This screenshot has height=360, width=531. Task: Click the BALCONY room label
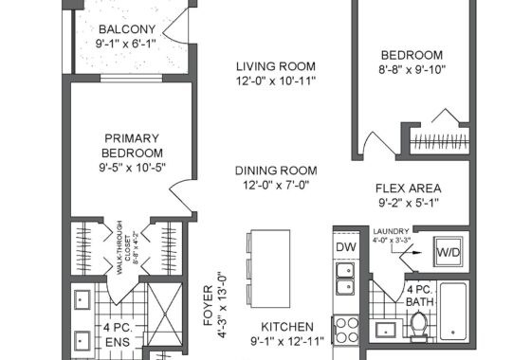[127, 29]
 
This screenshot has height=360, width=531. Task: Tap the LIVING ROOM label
[276, 66]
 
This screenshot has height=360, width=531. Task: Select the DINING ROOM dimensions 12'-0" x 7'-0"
[276, 186]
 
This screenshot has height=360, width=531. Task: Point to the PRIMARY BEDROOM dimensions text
[132, 168]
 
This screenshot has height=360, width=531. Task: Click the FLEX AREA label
[409, 189]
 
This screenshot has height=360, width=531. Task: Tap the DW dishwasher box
[346, 247]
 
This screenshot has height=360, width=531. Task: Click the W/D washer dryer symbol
[449, 252]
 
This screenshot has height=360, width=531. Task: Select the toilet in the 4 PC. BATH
[419, 327]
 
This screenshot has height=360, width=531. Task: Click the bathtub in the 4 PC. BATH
[453, 312]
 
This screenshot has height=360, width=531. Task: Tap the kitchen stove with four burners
[346, 330]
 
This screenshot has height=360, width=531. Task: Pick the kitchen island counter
[270, 269]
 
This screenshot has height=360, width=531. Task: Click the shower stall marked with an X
[165, 314]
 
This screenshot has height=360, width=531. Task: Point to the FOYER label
[208, 305]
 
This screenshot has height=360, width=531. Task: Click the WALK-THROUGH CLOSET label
[119, 247]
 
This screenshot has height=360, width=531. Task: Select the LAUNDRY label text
[391, 231]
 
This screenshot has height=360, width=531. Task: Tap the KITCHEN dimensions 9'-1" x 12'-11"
[287, 341]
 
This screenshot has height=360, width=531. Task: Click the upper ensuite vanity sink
[82, 299]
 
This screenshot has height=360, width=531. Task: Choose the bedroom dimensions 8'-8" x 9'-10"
[412, 70]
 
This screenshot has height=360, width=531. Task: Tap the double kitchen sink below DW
[345, 279]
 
